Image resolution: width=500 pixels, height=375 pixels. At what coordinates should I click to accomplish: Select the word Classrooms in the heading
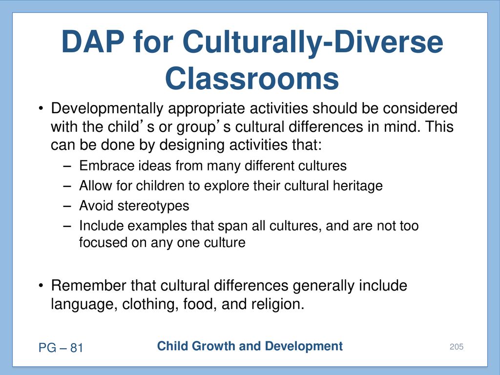252,79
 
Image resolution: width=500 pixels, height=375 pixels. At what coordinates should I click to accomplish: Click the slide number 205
457,347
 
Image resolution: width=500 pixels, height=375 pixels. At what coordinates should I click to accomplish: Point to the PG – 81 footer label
61,348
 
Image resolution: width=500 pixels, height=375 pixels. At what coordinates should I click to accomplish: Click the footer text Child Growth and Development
250,346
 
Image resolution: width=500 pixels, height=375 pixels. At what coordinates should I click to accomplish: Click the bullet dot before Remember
41,286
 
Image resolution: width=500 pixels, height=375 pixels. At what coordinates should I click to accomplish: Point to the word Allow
96,186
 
